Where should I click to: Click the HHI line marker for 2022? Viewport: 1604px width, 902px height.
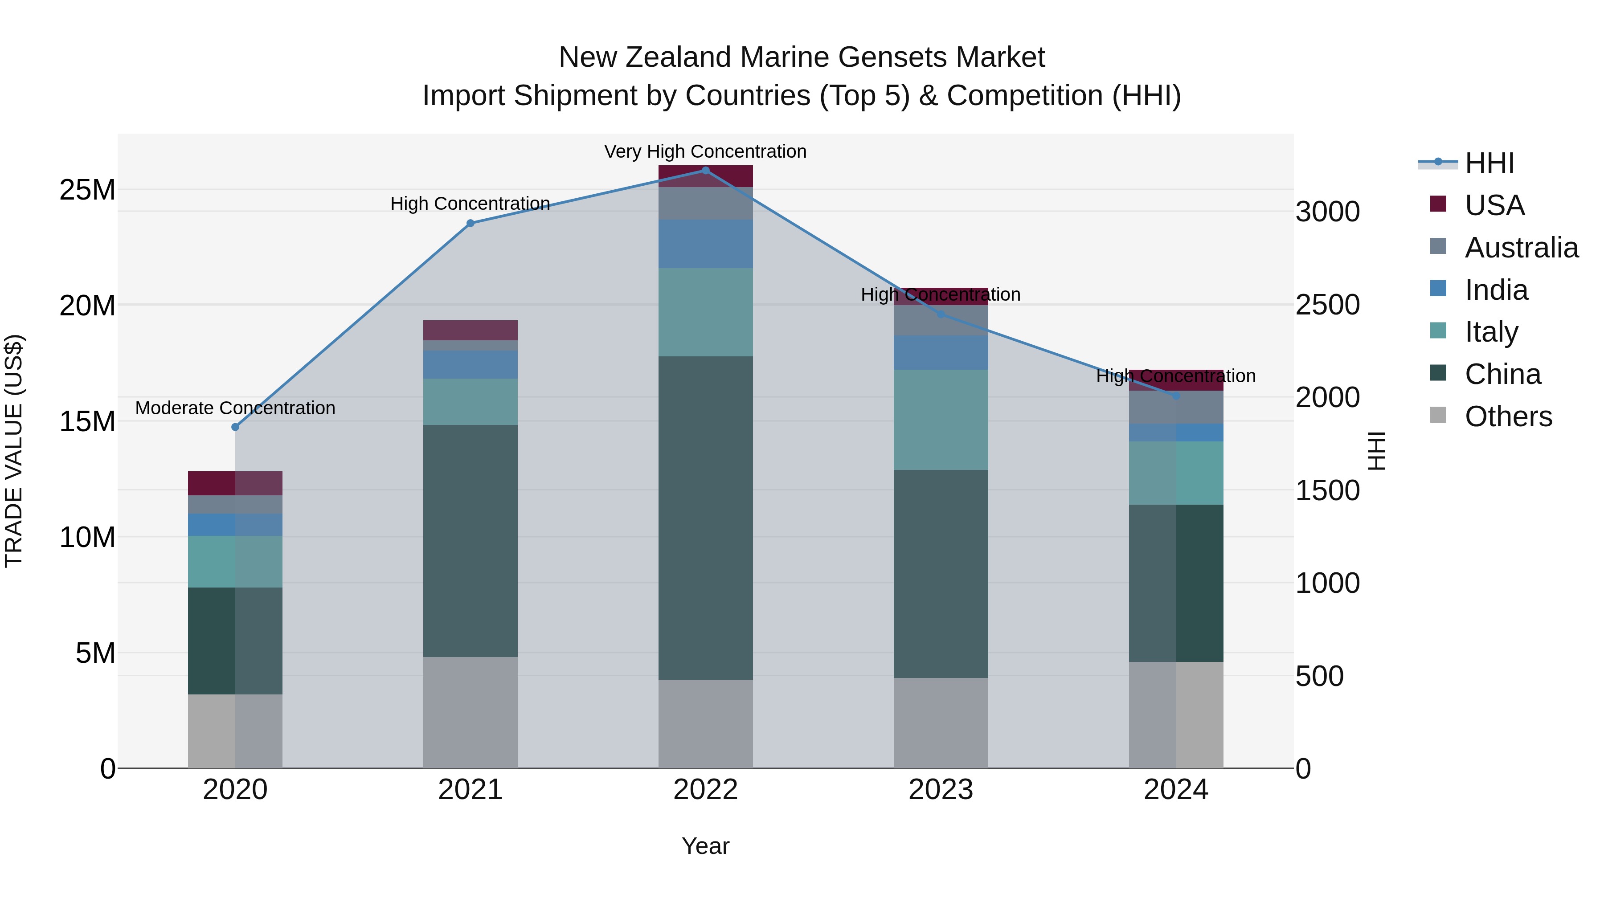[705, 171]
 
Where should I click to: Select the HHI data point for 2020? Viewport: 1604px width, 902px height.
[235, 427]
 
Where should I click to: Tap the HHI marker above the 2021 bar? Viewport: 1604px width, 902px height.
[470, 224]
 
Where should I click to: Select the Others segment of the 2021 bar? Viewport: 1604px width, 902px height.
[470, 712]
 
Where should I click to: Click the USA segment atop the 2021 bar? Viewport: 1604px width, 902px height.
[470, 330]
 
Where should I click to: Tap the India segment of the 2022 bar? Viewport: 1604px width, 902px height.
[705, 244]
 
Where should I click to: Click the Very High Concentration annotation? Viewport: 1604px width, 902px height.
[705, 151]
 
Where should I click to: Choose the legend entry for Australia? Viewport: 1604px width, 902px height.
[1521, 248]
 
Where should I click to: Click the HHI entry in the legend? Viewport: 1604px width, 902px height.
[1489, 163]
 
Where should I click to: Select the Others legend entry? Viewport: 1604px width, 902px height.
[1508, 416]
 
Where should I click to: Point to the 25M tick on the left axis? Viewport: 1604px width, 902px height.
[87, 190]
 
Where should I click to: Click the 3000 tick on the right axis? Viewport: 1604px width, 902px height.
[1328, 212]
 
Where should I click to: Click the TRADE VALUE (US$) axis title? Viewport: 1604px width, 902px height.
[14, 451]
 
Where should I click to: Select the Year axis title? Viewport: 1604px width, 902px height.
[705, 846]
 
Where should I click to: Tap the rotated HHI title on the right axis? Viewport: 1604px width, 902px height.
[1377, 451]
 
